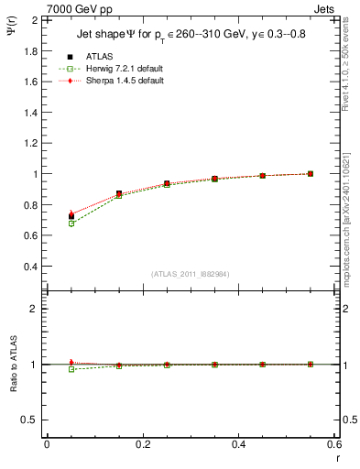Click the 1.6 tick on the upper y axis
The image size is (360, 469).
pos(31,82)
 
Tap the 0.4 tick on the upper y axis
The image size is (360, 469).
pos(31,267)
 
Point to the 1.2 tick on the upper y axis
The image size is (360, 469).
pos(31,143)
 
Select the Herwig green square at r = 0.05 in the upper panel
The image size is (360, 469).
pos(71,224)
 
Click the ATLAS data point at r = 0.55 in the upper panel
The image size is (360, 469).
pos(311,173)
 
